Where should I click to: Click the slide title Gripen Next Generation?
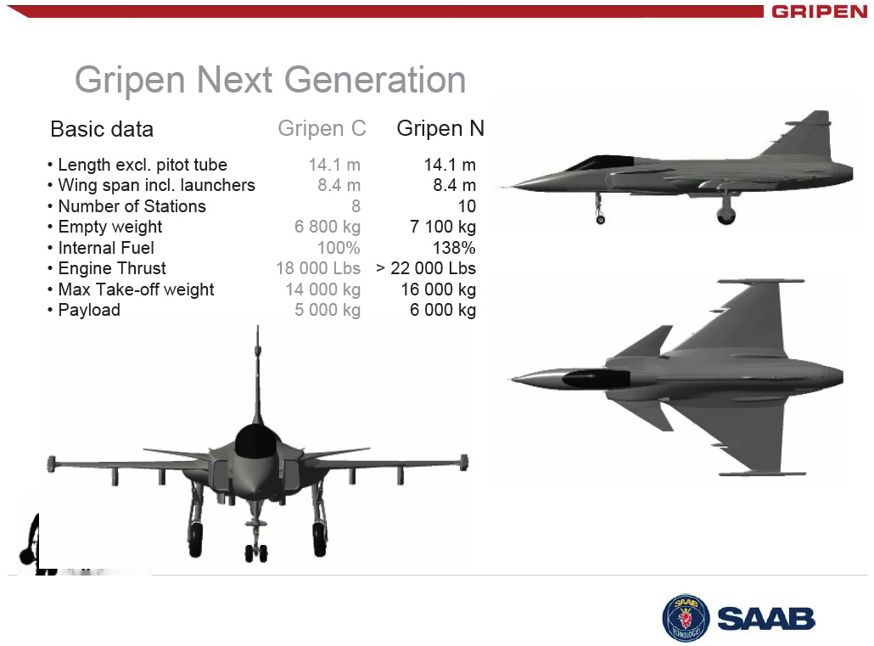[271, 81]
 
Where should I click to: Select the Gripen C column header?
[322, 128]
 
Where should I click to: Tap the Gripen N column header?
[440, 128]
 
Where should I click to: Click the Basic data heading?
[102, 129]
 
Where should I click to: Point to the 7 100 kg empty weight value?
[443, 227]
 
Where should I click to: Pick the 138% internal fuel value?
[454, 248]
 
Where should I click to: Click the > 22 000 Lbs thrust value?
[426, 268]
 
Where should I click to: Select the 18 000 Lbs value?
[318, 268]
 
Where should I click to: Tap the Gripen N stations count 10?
[467, 206]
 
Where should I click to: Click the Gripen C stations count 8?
[356, 206]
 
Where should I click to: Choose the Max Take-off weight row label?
[136, 289]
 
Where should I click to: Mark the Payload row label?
[89, 310]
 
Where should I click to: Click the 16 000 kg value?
[438, 289]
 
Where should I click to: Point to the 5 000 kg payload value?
[328, 310]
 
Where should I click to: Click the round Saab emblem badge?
[686, 617]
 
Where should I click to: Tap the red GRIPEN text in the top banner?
[820, 12]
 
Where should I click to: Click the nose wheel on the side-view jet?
[600, 220]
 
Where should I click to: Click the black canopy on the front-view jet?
[256, 441]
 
